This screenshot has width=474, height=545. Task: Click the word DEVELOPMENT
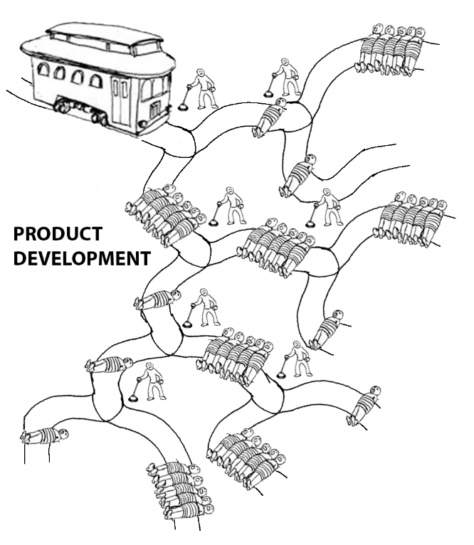click(82, 258)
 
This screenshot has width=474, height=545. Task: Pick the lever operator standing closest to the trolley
click(204, 88)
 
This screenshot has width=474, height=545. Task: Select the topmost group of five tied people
click(391, 49)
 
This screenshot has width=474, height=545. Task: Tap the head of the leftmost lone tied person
click(63, 433)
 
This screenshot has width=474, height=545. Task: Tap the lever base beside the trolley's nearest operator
click(183, 107)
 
